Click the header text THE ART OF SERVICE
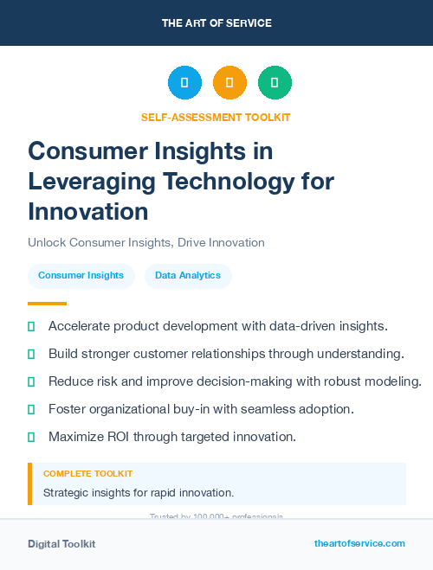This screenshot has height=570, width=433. pos(216,22)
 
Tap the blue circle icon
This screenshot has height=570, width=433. pos(184,83)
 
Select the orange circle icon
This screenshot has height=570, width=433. pos(229,83)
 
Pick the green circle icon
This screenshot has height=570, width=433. pos(275,83)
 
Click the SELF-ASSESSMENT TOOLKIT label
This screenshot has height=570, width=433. pos(216,117)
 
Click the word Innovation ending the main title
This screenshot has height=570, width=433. pos(88,211)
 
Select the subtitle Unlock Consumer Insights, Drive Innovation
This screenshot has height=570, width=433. pos(145,242)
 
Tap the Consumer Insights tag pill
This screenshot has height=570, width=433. pos(81,276)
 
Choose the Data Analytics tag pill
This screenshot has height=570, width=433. pos(188,276)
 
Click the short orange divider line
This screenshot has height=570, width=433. pos(47,304)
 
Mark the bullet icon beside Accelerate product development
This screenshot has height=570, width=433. pos(31,326)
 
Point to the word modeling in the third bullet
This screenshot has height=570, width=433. pos(394,381)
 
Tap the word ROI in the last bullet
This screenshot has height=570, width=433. pos(119,437)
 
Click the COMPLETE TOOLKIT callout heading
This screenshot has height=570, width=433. pos(87,474)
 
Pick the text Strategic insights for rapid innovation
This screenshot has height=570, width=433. pos(139,493)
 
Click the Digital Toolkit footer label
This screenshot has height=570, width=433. pos(61,544)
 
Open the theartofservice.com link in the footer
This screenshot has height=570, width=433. pos(359,543)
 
